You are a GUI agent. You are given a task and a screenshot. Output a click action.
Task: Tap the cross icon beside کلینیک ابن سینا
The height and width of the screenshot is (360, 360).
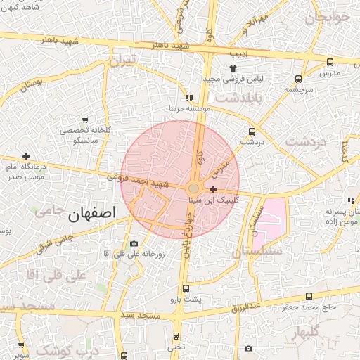[213, 189]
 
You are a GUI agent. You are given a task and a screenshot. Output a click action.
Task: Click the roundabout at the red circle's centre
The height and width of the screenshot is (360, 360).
[193, 188]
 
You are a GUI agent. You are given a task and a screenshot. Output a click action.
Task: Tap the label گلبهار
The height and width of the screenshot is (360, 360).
[304, 331]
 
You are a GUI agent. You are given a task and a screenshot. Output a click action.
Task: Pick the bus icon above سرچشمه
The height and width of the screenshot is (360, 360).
[300, 79]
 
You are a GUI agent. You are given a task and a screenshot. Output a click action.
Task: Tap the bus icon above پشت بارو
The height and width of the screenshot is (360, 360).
[186, 288]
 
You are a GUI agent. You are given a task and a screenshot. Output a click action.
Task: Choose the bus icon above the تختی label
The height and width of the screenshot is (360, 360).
[175, 335]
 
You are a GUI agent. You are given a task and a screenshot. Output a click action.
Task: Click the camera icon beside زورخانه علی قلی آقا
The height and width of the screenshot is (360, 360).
[134, 244]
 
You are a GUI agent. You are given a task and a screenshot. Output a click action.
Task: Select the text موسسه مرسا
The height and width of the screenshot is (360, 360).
[186, 109]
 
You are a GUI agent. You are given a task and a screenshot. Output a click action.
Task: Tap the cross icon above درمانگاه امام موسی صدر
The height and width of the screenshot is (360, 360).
[27, 156]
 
